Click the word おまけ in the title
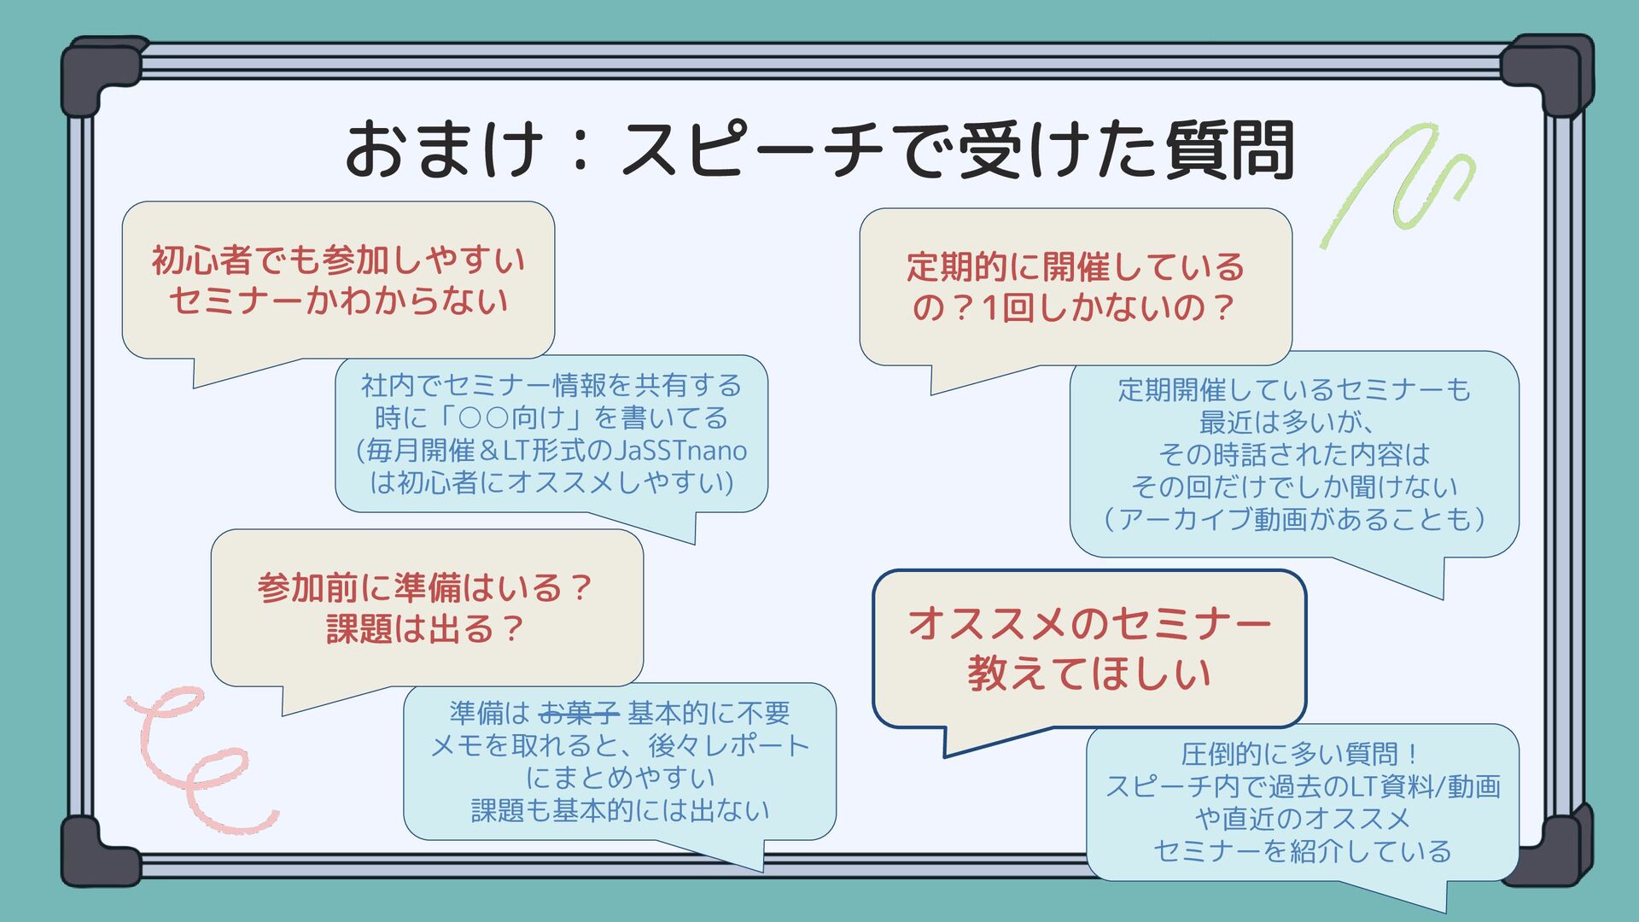pyautogui.click(x=444, y=149)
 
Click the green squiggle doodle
pyautogui.click(x=1400, y=184)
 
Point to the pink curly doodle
pyautogui.click(x=196, y=760)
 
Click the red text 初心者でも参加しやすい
pyautogui.click(x=338, y=260)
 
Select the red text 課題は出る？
pyautogui.click(x=425, y=629)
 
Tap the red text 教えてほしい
pyautogui.click(x=1089, y=674)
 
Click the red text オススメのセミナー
pyautogui.click(x=1089, y=622)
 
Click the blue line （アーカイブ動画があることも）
pyautogui.click(x=1294, y=518)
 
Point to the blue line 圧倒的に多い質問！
pyautogui.click(x=1301, y=754)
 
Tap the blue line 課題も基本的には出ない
pyautogui.click(x=620, y=810)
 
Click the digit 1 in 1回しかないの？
pyautogui.click(x=990, y=308)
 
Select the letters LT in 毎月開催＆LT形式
pyautogui.click(x=516, y=450)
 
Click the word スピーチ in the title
pyautogui.click(x=751, y=149)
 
